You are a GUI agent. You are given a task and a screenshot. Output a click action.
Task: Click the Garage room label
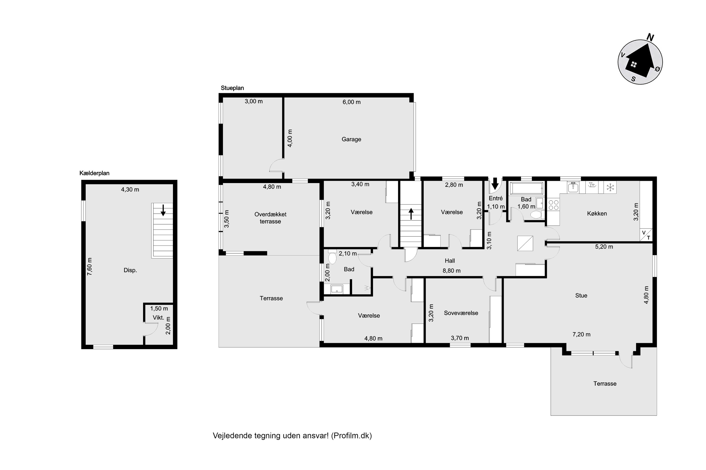pos(351,139)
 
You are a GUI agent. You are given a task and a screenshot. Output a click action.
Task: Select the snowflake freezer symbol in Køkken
pos(610,188)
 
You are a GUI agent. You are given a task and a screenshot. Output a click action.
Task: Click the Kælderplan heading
pos(94,173)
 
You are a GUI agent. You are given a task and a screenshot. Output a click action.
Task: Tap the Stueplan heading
pos(232,88)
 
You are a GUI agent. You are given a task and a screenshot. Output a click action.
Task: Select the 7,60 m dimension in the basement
pos(89,266)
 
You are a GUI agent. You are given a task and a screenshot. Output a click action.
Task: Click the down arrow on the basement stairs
pos(163,210)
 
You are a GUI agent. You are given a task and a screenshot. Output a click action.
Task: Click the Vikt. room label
pos(158,318)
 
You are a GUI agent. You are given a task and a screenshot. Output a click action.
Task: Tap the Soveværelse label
pos(461,313)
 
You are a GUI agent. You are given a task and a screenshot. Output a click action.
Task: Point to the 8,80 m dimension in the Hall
pos(451,271)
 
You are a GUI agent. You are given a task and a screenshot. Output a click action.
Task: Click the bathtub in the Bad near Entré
pos(526,188)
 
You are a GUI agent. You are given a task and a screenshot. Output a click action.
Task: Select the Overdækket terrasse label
pos(270,218)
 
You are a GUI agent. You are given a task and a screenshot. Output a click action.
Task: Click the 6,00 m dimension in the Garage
pos(352,102)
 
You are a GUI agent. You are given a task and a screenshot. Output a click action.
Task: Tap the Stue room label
pos(581,296)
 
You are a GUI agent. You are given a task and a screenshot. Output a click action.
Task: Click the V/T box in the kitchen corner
pos(646,235)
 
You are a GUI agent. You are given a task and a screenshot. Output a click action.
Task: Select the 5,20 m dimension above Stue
pos(604,247)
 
